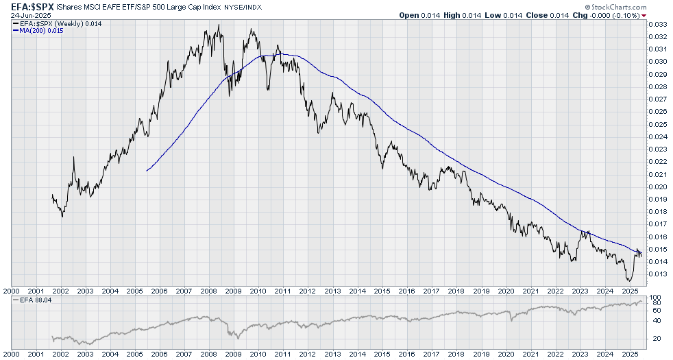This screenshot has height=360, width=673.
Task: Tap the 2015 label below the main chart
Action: click(382, 291)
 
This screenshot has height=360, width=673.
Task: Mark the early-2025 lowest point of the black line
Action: click(629, 280)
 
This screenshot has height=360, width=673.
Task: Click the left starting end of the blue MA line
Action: click(147, 170)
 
